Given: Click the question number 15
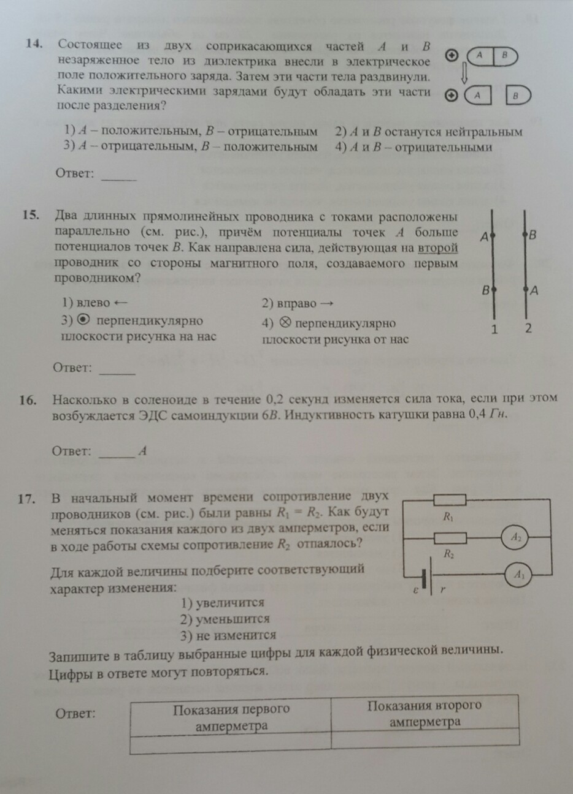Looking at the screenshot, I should pyautogui.click(x=31, y=215).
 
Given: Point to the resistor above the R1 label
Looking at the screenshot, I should pyautogui.click(x=449, y=499).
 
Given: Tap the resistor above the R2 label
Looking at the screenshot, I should pyautogui.click(x=449, y=538).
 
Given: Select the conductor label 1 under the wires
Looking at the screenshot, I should pyautogui.click(x=494, y=330).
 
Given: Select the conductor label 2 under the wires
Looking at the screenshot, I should pyautogui.click(x=528, y=328).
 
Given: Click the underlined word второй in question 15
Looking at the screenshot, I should pyautogui.click(x=439, y=248).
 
